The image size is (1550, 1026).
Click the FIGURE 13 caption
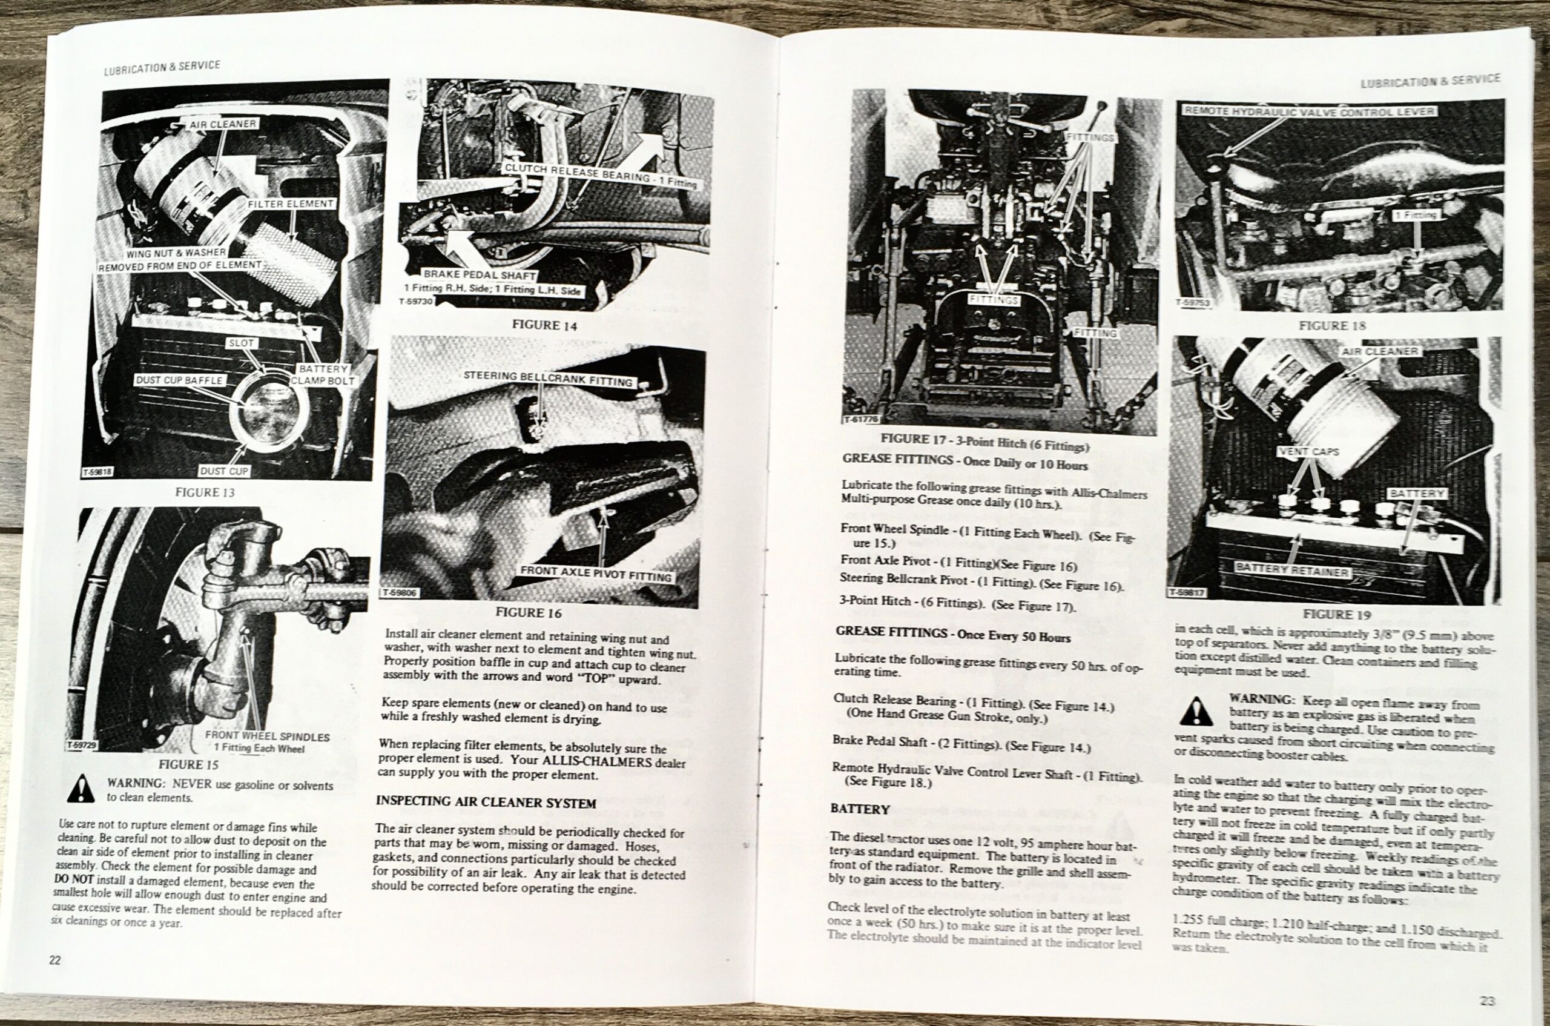(205, 492)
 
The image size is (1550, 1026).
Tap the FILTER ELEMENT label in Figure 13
(291, 204)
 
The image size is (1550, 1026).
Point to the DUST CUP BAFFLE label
(179, 380)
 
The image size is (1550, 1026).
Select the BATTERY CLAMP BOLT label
(323, 375)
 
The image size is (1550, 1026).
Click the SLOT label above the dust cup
(242, 343)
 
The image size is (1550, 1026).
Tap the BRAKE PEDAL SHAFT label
(480, 275)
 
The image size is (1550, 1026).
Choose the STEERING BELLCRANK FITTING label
(548, 378)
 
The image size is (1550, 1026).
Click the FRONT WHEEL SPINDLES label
(267, 736)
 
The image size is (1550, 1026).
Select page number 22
(55, 961)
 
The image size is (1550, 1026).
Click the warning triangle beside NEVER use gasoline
(81, 789)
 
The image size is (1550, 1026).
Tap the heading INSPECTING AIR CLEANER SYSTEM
(485, 803)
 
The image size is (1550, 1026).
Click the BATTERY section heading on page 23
(860, 809)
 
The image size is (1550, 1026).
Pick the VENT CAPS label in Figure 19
(1308, 451)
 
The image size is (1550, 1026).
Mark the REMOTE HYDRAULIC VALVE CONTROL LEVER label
(1309, 112)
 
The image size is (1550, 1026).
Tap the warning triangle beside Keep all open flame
(1197, 711)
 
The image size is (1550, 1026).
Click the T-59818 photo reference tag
(97, 471)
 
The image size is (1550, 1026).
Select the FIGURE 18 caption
(1331, 325)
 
